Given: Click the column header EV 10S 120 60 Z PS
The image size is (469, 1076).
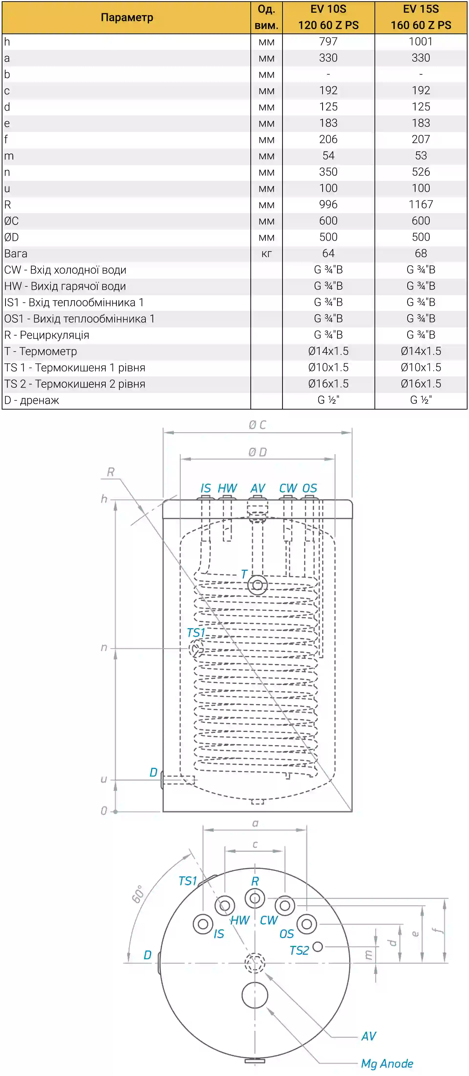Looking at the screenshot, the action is click(x=328, y=17).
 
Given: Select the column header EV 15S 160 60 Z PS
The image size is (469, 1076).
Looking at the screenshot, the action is click(x=421, y=17).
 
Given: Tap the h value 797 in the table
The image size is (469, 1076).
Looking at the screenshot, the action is click(x=328, y=42).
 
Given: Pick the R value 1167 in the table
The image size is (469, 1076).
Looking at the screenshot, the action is click(x=421, y=205).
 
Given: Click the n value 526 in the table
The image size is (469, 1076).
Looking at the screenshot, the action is click(x=421, y=172).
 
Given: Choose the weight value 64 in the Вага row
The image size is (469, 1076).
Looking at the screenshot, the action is click(x=328, y=254).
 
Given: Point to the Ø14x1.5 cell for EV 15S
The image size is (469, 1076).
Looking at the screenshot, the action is click(x=421, y=351).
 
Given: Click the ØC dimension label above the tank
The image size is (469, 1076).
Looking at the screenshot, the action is click(x=257, y=425).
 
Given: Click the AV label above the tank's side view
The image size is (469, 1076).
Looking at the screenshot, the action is click(x=258, y=488).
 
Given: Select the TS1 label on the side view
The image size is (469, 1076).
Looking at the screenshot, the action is click(x=196, y=633).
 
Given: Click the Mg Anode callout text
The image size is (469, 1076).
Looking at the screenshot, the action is click(x=387, y=1064).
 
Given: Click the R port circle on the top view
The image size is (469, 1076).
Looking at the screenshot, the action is click(x=255, y=898).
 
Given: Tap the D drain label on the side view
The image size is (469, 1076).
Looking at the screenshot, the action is click(x=153, y=772).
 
